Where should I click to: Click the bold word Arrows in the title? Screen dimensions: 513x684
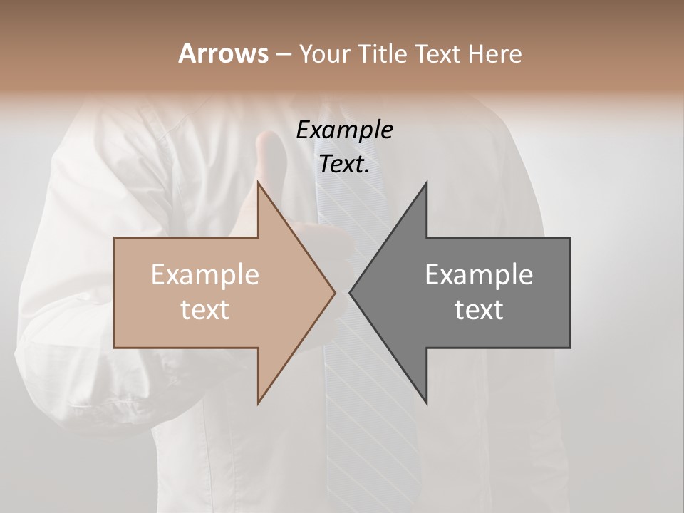223,53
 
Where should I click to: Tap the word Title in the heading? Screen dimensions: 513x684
383,53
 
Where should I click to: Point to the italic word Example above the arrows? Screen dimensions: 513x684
344,130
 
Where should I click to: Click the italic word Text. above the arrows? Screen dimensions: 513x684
344,165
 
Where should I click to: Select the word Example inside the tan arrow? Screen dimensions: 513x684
205,275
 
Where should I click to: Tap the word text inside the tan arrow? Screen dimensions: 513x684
205,310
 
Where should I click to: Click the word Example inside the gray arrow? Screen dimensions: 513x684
479,275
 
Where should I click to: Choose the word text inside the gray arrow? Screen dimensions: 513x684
479,310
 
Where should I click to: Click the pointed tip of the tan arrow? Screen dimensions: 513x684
334,292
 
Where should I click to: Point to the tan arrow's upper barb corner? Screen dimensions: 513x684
258,182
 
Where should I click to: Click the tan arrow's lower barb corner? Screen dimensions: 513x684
258,403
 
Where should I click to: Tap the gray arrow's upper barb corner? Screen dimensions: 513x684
426,182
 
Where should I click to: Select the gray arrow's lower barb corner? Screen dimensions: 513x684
426,403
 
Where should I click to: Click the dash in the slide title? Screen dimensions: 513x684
283,54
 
